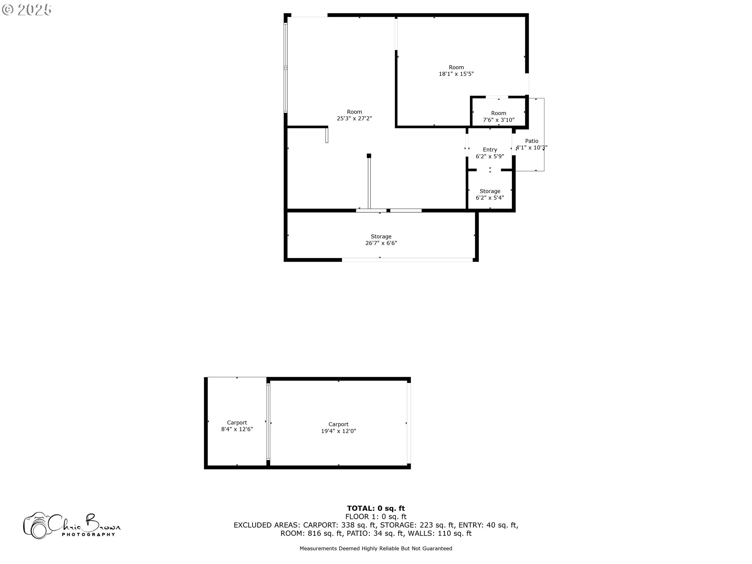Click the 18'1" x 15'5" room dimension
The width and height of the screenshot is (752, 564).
tap(456, 74)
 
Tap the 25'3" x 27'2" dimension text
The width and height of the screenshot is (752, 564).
tap(354, 118)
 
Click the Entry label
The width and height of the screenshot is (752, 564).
tap(490, 150)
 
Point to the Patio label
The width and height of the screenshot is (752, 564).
tap(532, 141)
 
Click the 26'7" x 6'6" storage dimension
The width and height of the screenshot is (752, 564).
tap(381, 243)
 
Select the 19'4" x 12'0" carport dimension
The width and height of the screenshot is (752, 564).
tap(338, 431)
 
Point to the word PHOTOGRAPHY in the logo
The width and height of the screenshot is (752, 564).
tap(89, 534)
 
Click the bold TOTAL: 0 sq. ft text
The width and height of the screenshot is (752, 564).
tap(376, 508)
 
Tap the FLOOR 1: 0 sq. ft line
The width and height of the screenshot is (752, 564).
tap(376, 517)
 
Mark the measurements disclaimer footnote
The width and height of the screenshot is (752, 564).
tap(376, 549)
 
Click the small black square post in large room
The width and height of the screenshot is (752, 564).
tap(369, 156)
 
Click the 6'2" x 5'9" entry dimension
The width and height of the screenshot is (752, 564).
tap(490, 156)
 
